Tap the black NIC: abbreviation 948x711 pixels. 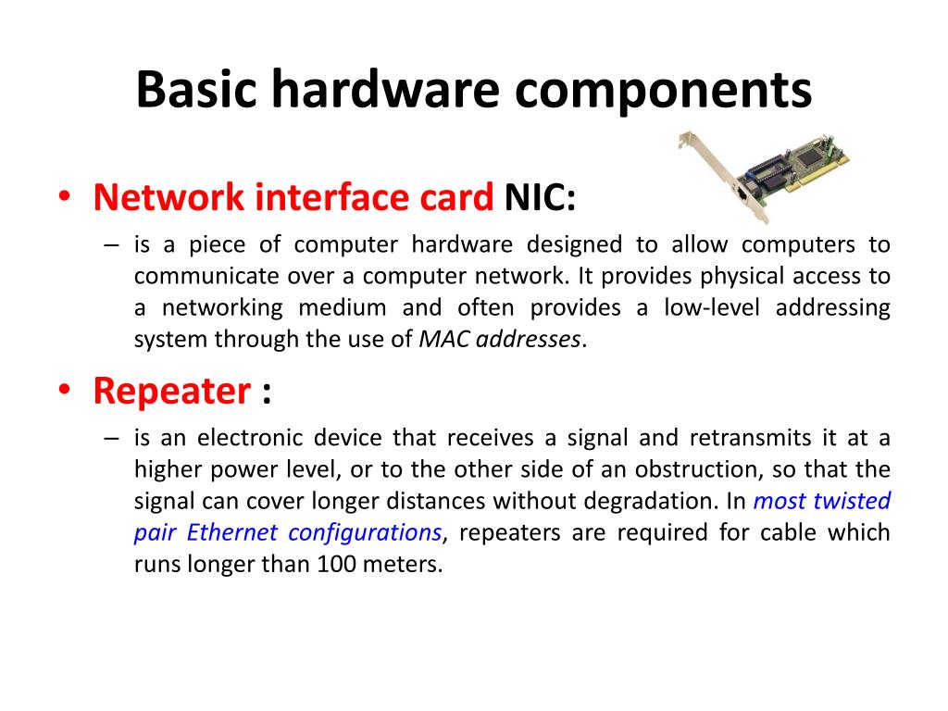540,197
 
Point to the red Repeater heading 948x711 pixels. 171,392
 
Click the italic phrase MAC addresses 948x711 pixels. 501,339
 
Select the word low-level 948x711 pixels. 713,307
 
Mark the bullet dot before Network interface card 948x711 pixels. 64,197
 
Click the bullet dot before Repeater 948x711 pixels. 64,392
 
